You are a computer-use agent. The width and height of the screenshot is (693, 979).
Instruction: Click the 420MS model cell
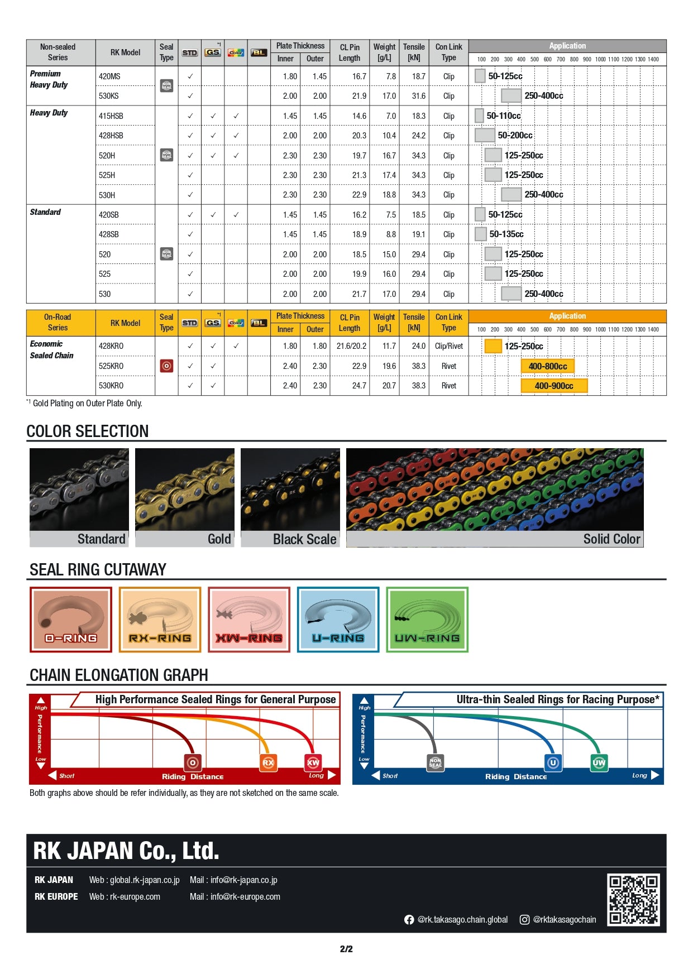(x=109, y=76)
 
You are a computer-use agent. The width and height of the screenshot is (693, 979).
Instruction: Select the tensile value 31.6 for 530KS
(x=418, y=96)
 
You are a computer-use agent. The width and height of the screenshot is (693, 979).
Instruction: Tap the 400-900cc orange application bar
(x=553, y=386)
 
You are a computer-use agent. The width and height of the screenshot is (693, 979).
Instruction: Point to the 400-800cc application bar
(x=547, y=366)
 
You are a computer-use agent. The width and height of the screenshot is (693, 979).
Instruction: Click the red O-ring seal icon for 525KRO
(x=166, y=366)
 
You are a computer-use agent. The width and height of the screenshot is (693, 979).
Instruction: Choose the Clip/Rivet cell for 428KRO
(x=448, y=346)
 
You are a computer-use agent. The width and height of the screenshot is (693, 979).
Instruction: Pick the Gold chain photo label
(x=219, y=539)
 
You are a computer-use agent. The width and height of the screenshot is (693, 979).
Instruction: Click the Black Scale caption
(x=304, y=539)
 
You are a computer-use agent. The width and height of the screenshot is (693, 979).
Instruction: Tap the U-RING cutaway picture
(x=338, y=619)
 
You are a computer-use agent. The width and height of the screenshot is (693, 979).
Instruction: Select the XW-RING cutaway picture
(x=249, y=619)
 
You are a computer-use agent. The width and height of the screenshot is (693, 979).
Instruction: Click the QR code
(x=634, y=899)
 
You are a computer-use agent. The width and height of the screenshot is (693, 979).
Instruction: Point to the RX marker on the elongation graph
(x=269, y=762)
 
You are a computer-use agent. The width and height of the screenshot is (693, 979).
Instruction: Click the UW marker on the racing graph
(x=599, y=762)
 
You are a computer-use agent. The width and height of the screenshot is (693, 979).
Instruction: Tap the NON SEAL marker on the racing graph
(x=435, y=762)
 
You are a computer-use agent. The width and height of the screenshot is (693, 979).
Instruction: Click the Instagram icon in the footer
(x=524, y=920)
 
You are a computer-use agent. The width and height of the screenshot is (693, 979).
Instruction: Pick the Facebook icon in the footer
(x=409, y=920)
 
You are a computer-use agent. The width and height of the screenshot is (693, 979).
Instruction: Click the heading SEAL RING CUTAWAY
(x=98, y=569)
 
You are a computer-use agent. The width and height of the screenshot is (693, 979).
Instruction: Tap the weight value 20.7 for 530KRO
(x=389, y=386)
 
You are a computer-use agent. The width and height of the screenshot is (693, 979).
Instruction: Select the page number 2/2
(x=346, y=949)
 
